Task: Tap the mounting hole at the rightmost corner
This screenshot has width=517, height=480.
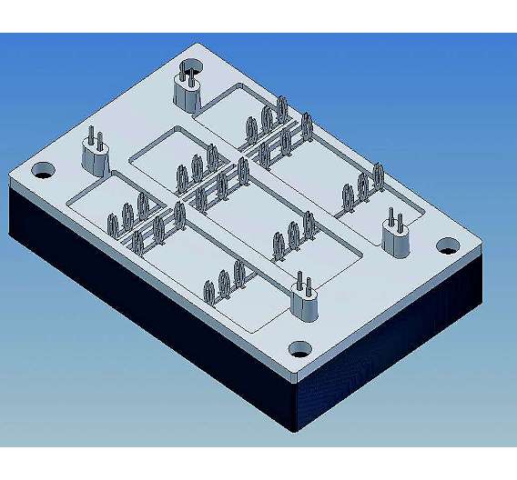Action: pos(446,245)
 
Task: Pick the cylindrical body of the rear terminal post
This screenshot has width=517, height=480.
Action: pos(188,95)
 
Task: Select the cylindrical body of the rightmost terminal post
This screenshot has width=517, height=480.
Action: pos(396,242)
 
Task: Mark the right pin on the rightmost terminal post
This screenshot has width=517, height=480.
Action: pos(400,218)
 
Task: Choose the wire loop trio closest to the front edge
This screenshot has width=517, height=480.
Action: pos(224,282)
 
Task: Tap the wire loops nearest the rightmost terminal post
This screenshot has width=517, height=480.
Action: pos(362,186)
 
